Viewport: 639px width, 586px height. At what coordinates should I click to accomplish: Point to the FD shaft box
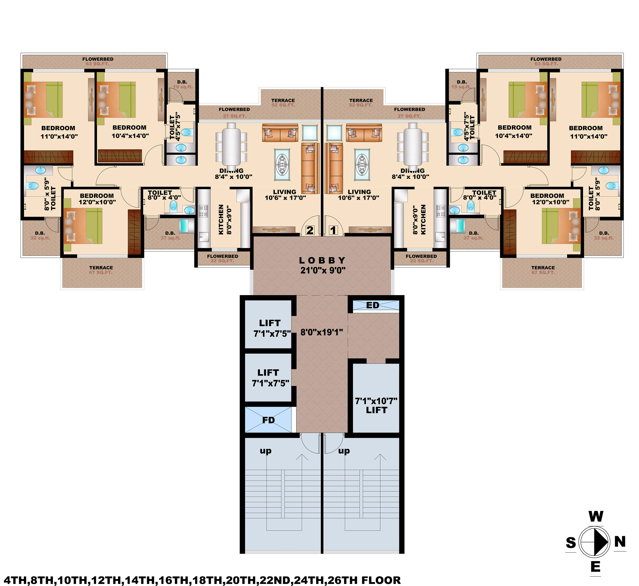tap(268, 420)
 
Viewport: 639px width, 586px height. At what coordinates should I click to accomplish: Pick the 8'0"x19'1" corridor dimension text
tap(322, 332)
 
